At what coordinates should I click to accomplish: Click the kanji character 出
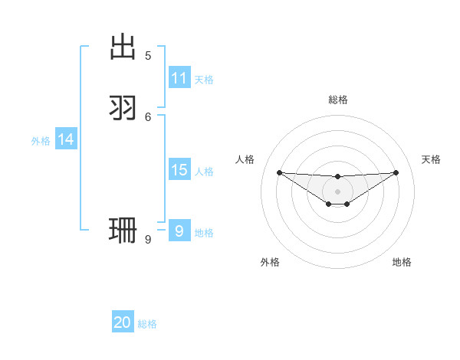point(123,47)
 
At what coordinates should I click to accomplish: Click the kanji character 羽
point(123,107)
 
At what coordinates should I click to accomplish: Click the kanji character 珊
point(123,230)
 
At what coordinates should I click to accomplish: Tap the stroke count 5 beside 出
point(148,55)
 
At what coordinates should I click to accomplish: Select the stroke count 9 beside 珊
point(148,239)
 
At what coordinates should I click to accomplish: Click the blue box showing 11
point(179,78)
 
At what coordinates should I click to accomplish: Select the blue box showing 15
point(179,170)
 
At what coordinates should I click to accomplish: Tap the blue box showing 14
point(66,139)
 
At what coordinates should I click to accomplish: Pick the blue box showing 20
point(123,322)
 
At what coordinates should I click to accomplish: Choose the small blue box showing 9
point(179,231)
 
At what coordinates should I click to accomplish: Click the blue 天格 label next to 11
point(204,80)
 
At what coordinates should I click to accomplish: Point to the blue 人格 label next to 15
point(204,172)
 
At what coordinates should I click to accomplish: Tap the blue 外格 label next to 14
point(41,141)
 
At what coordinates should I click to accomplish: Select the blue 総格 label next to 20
point(147,324)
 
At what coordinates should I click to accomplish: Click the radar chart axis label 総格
point(338,100)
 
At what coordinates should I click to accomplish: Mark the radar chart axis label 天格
point(432,159)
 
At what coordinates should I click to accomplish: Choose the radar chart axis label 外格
point(270,262)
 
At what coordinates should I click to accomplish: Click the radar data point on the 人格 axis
point(279,172)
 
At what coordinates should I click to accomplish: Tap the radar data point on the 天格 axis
point(396,172)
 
